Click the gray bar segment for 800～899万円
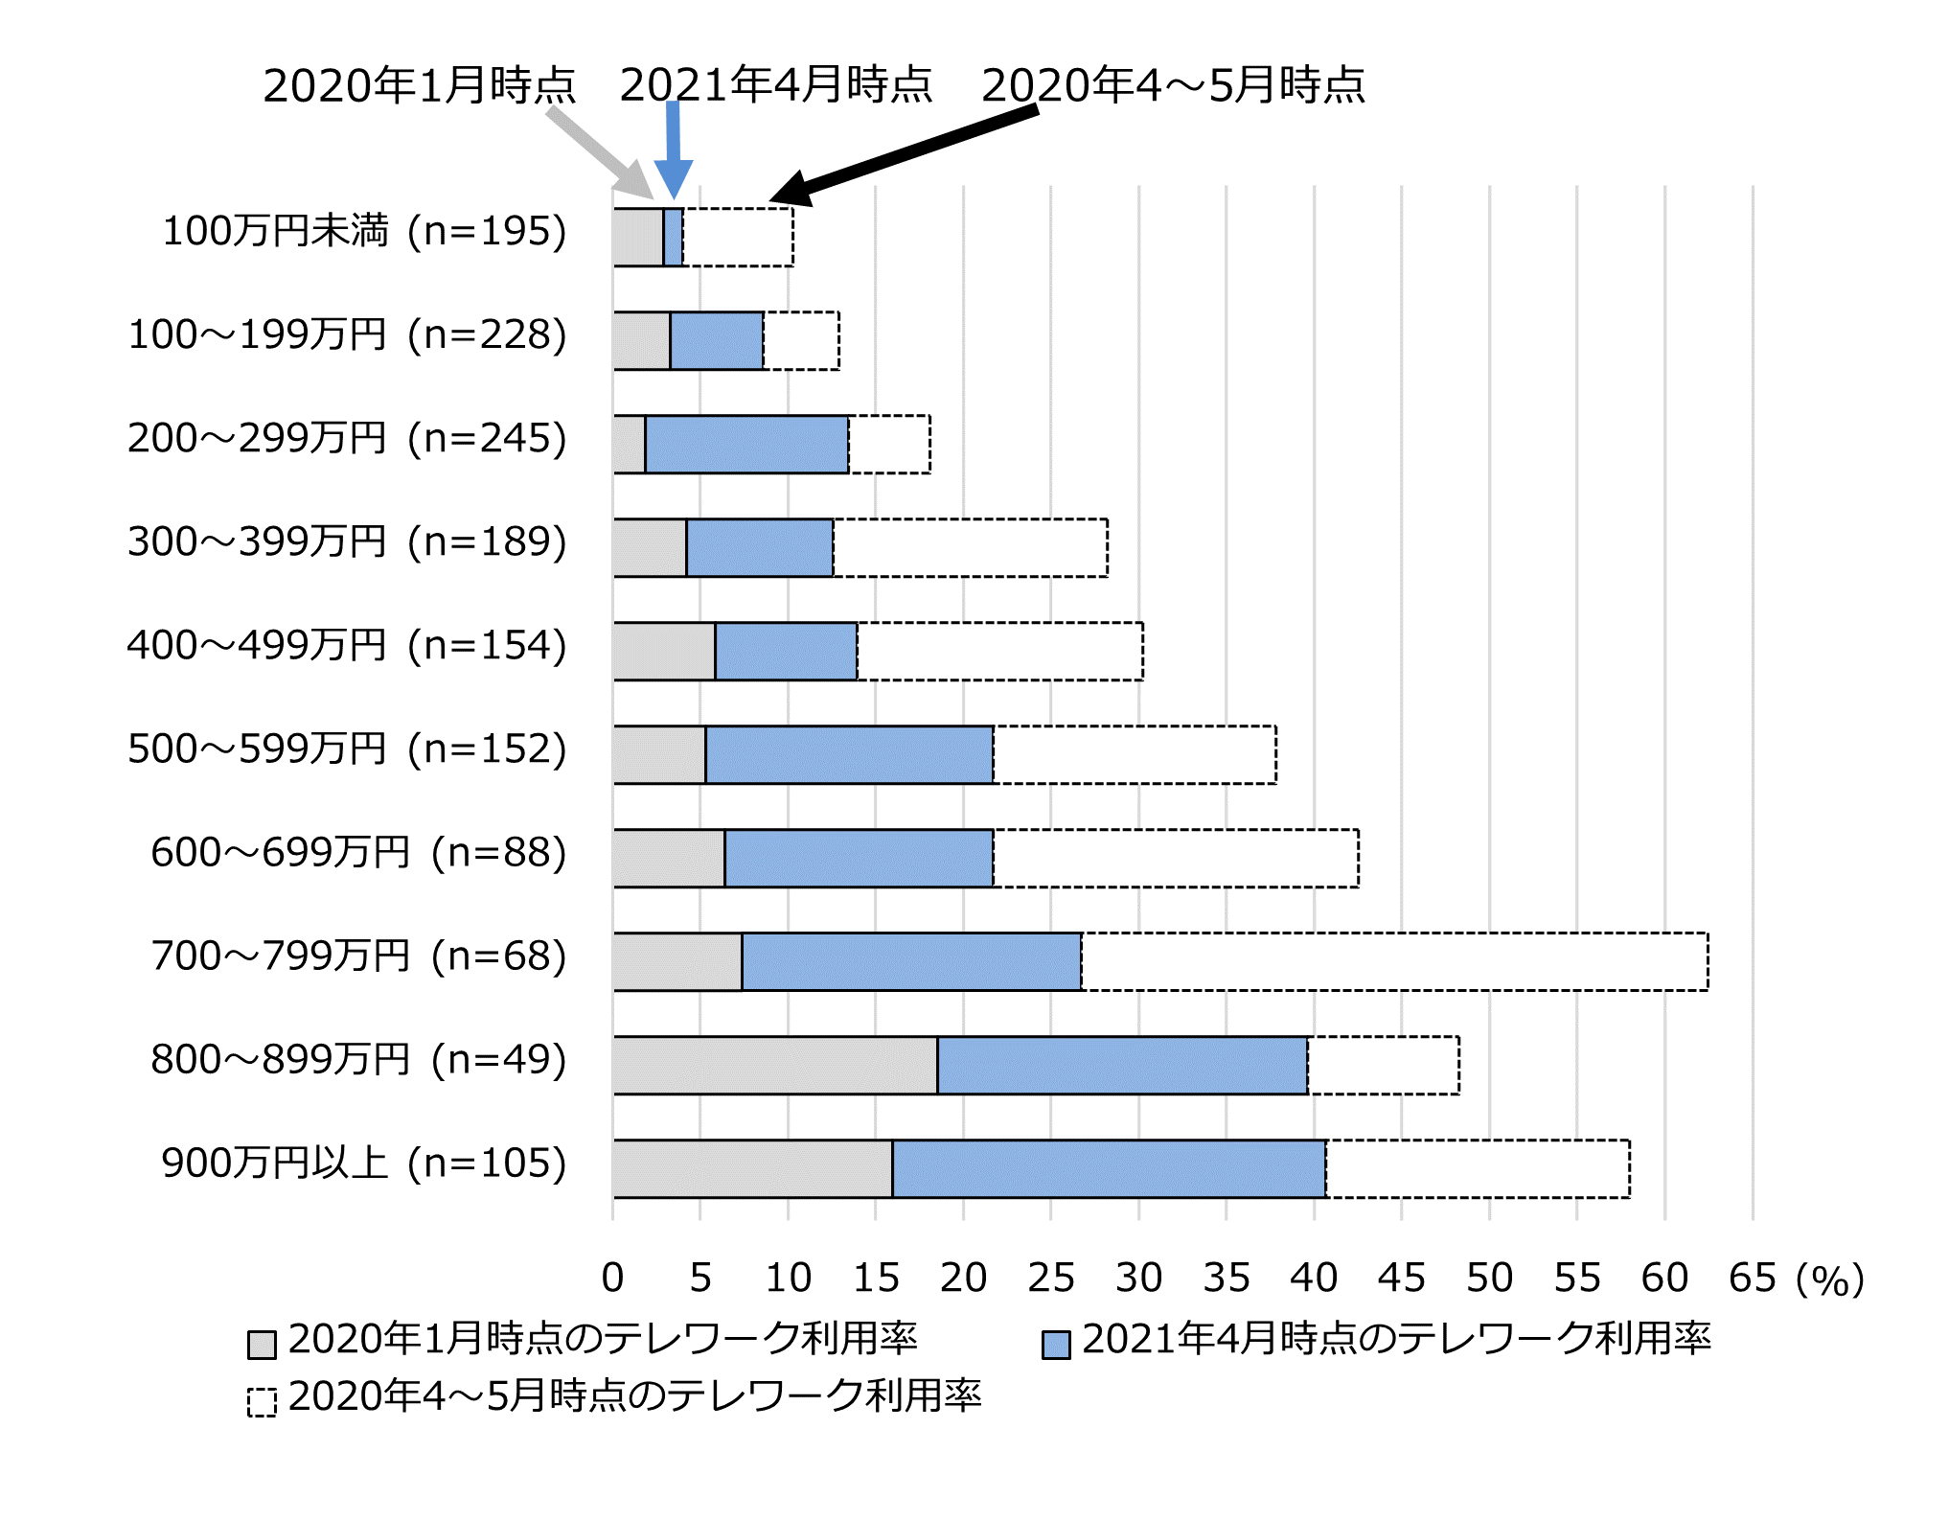click(x=774, y=1065)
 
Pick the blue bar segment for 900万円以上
click(x=1109, y=1168)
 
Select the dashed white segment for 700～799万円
click(x=1394, y=961)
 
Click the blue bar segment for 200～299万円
click(x=746, y=444)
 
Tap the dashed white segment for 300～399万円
click(x=970, y=547)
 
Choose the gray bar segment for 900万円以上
click(x=752, y=1168)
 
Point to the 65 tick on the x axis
click(x=1752, y=1278)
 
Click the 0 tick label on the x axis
click(x=612, y=1278)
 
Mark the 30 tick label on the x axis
click(x=1138, y=1278)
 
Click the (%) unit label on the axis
click(x=1829, y=1279)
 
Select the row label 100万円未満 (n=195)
click(x=364, y=231)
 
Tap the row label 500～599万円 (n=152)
click(x=347, y=749)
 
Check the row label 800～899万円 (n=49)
click(x=358, y=1059)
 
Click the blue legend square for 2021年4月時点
click(x=1056, y=1344)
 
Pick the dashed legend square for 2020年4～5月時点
click(x=262, y=1401)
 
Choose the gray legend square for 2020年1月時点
click(x=262, y=1344)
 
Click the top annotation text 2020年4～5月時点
click(x=1173, y=85)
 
